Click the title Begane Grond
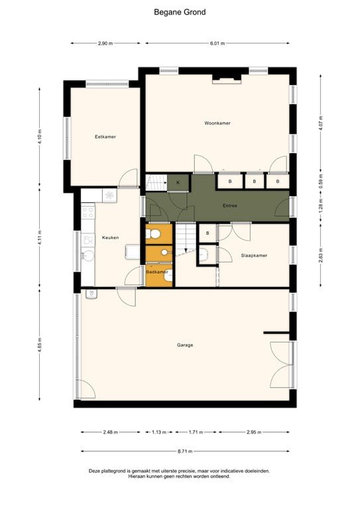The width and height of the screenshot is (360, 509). click(x=180, y=12)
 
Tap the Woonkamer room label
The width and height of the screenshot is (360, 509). click(x=217, y=123)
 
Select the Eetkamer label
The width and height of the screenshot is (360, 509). click(x=105, y=137)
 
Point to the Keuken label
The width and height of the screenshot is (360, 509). click(x=109, y=237)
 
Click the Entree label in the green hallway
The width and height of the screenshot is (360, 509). click(x=229, y=205)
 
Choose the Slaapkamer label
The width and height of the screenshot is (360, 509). click(x=253, y=254)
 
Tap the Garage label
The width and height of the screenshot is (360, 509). click(x=185, y=345)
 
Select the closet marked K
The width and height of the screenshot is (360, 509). click(x=178, y=182)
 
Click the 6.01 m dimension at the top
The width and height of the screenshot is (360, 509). click(x=217, y=43)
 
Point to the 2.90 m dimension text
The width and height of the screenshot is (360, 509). click(x=104, y=43)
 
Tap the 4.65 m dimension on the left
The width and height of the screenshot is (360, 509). click(x=40, y=347)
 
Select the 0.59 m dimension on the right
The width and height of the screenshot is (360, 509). click(x=321, y=186)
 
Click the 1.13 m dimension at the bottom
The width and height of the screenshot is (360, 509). click(x=158, y=431)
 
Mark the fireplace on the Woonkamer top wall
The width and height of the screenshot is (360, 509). click(x=227, y=80)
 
